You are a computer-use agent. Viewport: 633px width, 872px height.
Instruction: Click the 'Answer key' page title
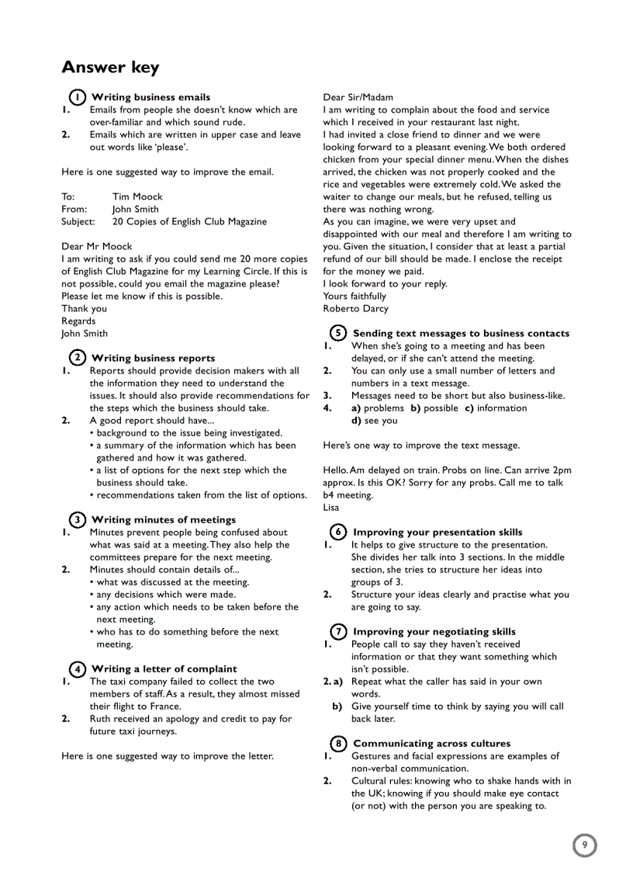click(110, 68)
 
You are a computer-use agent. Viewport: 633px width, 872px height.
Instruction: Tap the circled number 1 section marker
click(77, 97)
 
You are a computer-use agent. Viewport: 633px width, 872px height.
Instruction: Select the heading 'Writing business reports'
click(153, 358)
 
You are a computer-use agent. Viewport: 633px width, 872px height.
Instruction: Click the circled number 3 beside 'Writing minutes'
click(77, 519)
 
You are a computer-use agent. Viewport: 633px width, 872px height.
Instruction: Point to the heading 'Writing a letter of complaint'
click(164, 669)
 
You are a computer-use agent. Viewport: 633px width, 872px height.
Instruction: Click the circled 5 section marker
click(338, 333)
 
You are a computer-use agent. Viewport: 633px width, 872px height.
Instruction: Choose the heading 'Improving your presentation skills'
click(438, 532)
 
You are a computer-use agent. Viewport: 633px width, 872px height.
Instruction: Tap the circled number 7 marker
click(338, 631)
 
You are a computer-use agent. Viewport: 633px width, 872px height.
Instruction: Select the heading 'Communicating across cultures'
click(431, 743)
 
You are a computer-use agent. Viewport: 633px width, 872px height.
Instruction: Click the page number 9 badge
click(585, 845)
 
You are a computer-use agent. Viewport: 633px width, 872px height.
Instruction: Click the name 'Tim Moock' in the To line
click(137, 196)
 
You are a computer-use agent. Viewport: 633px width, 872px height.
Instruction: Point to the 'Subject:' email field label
click(78, 221)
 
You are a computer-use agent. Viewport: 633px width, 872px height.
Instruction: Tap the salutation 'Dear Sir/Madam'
click(358, 97)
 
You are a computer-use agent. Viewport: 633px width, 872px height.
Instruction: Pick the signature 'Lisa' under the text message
click(331, 507)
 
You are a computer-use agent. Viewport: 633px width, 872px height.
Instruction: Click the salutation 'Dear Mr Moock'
click(97, 246)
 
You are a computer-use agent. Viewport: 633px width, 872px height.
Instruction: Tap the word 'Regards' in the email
click(79, 321)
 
